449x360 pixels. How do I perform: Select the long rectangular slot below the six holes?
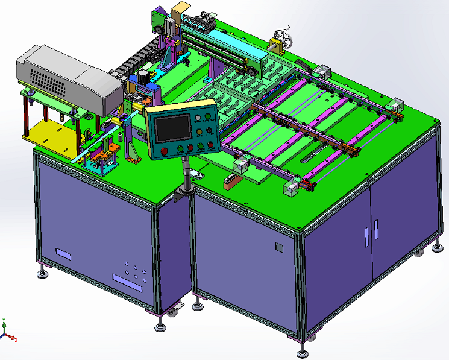coord(127,283)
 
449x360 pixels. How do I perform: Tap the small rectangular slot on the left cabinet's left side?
coord(63,253)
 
